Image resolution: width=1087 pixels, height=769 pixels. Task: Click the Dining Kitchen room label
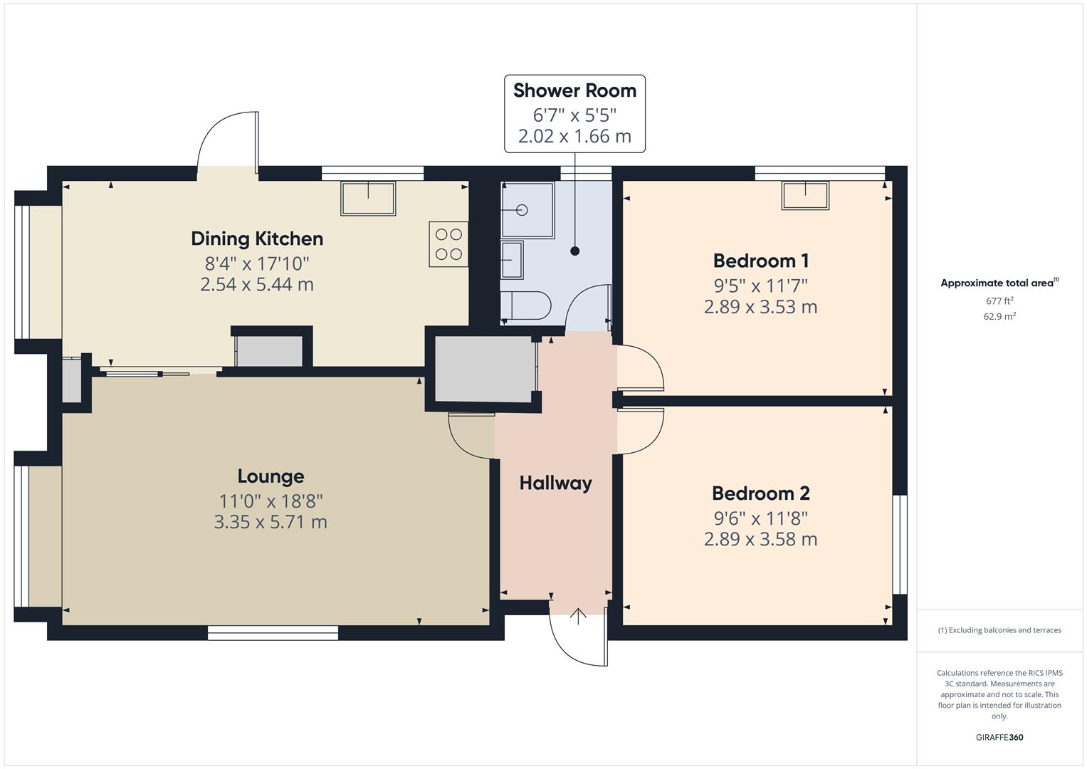(257, 239)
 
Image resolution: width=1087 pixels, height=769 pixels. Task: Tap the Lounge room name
(271, 476)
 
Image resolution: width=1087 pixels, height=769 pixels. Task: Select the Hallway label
(555, 483)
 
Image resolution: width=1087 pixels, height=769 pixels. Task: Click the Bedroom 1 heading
(760, 261)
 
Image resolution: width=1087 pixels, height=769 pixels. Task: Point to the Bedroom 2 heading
(760, 493)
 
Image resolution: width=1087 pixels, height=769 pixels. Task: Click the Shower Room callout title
(574, 90)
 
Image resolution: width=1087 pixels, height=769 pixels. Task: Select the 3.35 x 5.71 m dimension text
(271, 522)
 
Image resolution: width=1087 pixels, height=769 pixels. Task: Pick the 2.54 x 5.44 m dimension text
(257, 285)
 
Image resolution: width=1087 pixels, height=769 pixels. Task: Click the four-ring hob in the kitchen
(448, 244)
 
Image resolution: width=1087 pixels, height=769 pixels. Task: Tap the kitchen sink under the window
(368, 199)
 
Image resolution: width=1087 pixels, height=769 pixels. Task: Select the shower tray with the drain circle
(527, 210)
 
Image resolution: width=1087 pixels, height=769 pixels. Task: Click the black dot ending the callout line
(575, 251)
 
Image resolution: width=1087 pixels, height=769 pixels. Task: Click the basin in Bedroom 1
(805, 195)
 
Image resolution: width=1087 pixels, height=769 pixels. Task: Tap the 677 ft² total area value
(999, 301)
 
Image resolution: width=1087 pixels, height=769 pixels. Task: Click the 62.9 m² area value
(999, 317)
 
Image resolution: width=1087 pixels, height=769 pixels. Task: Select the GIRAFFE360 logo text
(999, 737)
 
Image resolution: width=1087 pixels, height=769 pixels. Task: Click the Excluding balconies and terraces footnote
(999, 630)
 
